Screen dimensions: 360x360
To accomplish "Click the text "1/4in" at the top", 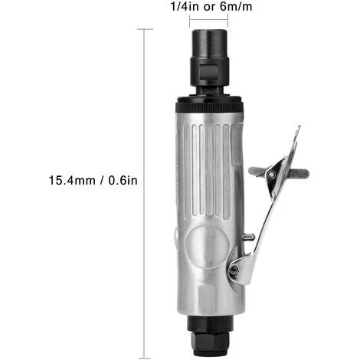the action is (x=185, y=6).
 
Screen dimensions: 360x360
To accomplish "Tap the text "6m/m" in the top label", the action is (x=236, y=6).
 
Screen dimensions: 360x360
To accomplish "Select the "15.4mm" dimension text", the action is (x=72, y=180).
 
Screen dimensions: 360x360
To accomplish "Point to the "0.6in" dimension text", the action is (x=123, y=180).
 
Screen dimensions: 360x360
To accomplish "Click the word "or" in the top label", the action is (x=209, y=7).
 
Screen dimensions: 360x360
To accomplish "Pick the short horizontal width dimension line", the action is (x=208, y=19).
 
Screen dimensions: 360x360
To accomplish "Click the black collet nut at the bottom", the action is (x=210, y=336).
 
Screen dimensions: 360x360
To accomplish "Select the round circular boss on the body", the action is (x=207, y=247).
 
